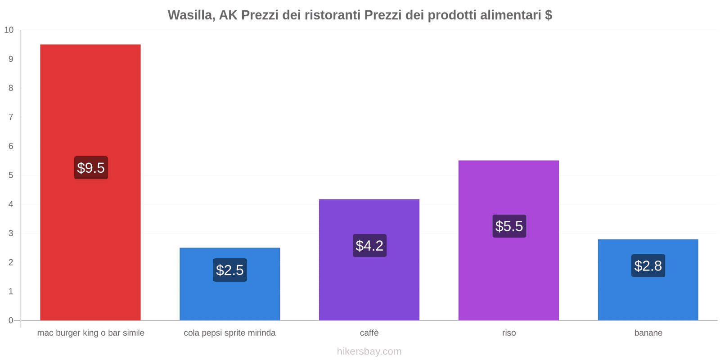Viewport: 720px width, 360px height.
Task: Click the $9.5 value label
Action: [91, 168]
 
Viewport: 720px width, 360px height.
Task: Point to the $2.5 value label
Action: [230, 270]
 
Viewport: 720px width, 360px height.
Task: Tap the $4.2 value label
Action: [369, 246]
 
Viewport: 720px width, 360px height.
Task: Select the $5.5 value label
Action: [509, 226]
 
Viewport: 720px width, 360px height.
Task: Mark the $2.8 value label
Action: [648, 266]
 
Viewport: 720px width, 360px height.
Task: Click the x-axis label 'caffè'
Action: [369, 333]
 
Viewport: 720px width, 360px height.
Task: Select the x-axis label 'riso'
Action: [509, 333]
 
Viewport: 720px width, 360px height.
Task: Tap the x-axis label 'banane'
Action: [648, 333]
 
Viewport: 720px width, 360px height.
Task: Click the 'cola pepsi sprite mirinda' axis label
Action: [229, 333]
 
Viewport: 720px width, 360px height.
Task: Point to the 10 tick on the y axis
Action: [9, 30]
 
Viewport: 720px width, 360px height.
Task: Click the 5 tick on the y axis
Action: [11, 175]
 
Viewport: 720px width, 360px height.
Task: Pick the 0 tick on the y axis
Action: [11, 320]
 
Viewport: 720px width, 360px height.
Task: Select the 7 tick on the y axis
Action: [11, 117]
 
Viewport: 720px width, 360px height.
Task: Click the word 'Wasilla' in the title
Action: [191, 15]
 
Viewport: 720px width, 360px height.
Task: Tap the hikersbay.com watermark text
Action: [369, 351]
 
